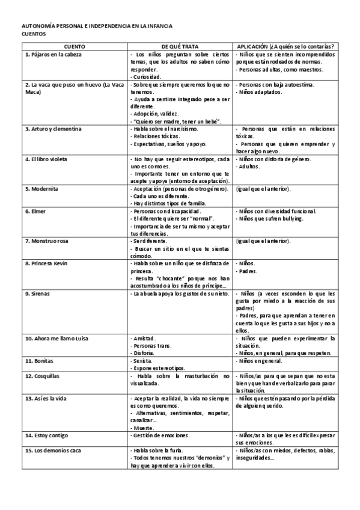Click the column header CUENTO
[x=74, y=46]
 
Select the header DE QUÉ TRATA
[x=180, y=46]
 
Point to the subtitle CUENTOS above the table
[x=34, y=34]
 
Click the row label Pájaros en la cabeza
[x=53, y=54]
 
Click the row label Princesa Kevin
[x=47, y=263]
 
